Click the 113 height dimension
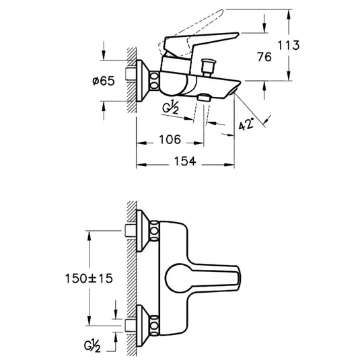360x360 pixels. pos(289,45)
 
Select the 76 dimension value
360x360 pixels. pos(264,57)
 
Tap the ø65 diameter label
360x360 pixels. pos(104,81)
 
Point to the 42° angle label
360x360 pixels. pos(246,124)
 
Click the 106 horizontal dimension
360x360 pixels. pos(170,139)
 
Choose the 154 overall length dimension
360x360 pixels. pos(185,161)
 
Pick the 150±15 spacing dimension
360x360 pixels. pos(89,279)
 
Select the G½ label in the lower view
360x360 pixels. pos(92,347)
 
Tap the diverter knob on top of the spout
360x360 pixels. pos(208,67)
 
